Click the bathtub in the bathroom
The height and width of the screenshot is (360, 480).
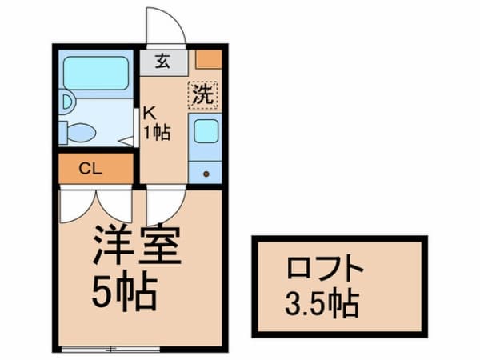(95, 73)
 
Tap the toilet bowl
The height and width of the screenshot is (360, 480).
(82, 133)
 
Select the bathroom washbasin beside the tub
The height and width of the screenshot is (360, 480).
(66, 102)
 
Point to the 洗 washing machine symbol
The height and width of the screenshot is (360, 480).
(202, 95)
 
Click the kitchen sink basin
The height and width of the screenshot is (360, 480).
(206, 131)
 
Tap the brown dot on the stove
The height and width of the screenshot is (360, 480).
(206, 174)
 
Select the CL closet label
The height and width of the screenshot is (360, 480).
(90, 169)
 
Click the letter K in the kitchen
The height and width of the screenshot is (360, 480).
(150, 114)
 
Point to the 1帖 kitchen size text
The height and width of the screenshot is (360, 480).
(158, 132)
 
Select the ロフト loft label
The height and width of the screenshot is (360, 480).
(325, 267)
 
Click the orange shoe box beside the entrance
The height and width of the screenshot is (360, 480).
(209, 59)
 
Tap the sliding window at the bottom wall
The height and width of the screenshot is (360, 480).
(110, 349)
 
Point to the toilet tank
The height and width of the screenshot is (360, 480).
(62, 133)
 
